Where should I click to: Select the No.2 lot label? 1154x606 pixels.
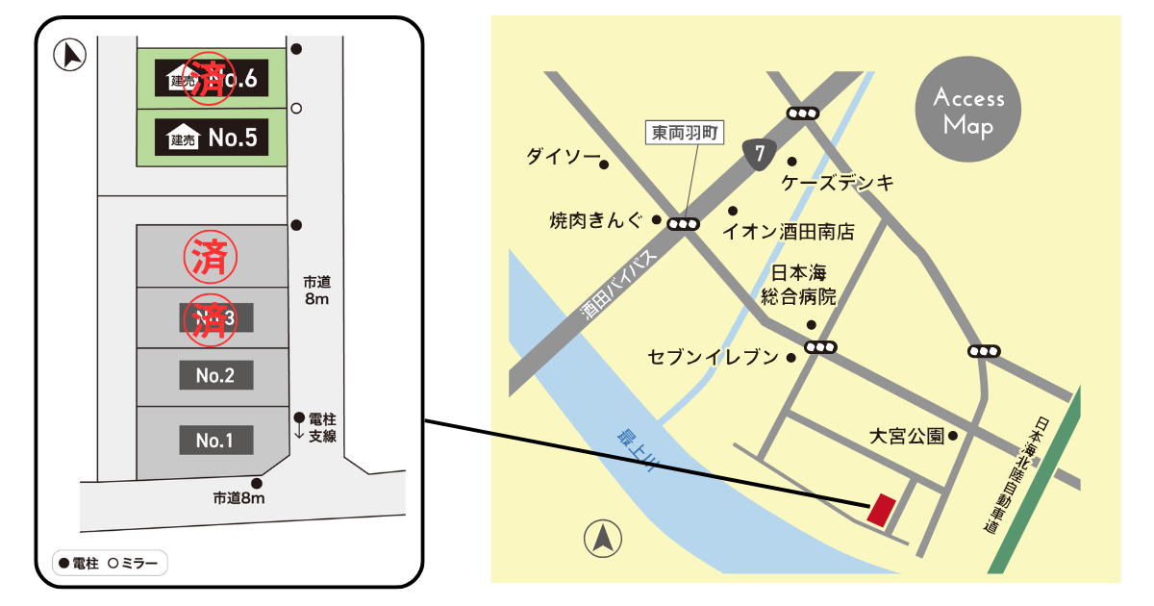[x=215, y=376]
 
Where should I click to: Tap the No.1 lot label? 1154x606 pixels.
[x=215, y=441]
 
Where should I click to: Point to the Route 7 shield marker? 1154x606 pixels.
[x=760, y=153]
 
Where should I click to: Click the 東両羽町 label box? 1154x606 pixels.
[x=686, y=133]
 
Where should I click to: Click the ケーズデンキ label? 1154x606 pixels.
[x=838, y=182]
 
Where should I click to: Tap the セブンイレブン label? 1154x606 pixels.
[x=713, y=358]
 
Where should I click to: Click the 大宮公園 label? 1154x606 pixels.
[x=906, y=436]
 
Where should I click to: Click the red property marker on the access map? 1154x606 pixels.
[x=880, y=510]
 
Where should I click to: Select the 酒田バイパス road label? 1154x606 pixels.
[x=620, y=287]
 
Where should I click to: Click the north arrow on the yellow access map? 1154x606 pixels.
[x=603, y=539]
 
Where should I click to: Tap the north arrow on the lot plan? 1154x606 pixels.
[x=70, y=55]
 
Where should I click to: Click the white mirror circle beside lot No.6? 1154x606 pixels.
[x=296, y=108]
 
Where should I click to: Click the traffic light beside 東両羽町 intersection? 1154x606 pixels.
[x=684, y=224]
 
